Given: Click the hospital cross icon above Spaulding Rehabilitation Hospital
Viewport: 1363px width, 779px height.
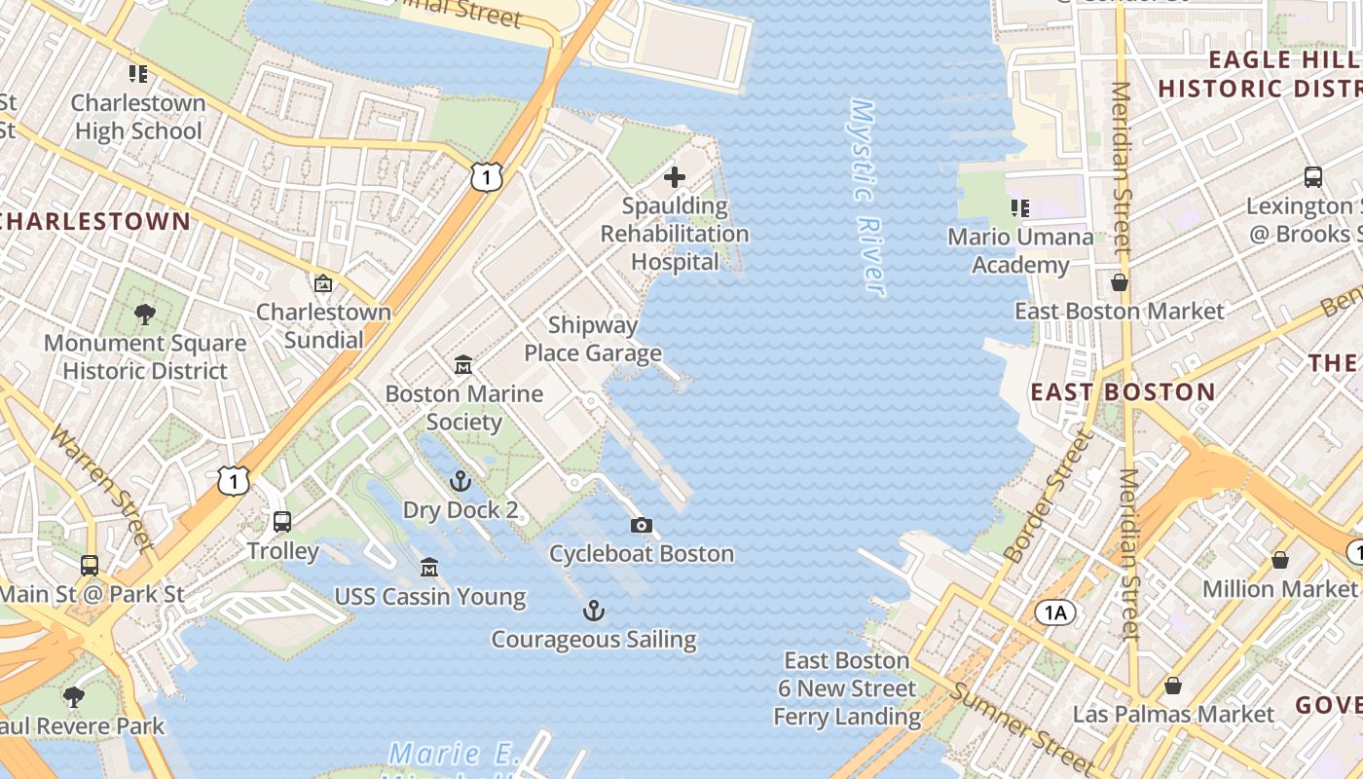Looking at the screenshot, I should point(674,177).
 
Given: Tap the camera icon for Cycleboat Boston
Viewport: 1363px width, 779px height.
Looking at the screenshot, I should point(641,526).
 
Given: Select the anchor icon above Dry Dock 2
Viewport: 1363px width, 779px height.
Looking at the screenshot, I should point(460,481).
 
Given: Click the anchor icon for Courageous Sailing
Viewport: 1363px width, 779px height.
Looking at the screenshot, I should point(593,612).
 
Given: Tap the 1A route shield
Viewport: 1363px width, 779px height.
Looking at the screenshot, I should point(1055,612).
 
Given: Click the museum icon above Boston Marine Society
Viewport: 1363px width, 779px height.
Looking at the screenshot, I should point(464,365).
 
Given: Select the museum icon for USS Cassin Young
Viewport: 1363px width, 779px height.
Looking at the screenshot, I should point(429,568).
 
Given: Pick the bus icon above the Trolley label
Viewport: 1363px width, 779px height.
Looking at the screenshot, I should point(282,522).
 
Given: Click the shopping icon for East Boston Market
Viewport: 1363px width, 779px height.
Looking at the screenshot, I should point(1120,282).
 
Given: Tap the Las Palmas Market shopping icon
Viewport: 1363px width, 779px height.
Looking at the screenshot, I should point(1173,686).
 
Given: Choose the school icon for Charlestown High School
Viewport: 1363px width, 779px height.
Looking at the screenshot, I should point(138,73).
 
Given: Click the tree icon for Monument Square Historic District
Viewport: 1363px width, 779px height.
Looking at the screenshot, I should point(145,315).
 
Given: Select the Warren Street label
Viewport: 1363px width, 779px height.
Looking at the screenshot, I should point(102,486).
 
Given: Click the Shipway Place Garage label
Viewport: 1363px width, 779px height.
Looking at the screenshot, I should point(593,339).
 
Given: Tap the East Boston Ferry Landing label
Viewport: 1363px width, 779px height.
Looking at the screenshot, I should point(847,688).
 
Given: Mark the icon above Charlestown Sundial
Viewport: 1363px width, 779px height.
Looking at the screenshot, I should point(323,283).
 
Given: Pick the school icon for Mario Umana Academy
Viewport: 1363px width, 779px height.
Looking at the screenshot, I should point(1020,207).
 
